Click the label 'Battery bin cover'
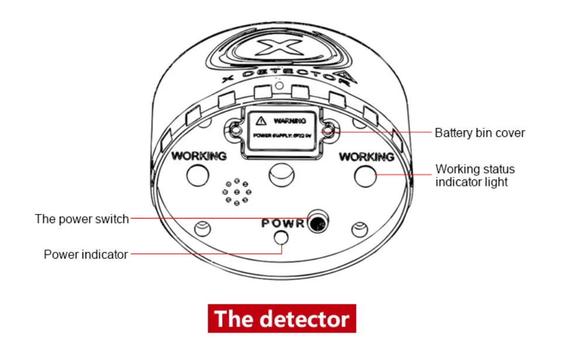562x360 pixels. [480, 133]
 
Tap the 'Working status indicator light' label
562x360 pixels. [475, 175]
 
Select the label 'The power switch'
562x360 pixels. [82, 219]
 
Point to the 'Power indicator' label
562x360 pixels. [85, 254]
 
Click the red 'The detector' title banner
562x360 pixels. [281, 319]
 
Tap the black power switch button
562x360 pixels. [318, 222]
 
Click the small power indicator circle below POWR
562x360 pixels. [282, 237]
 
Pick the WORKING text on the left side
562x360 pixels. [198, 156]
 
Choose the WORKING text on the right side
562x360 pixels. [367, 157]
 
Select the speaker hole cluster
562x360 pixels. [237, 192]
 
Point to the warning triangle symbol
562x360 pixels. [261, 120]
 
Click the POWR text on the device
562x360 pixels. [283, 223]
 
